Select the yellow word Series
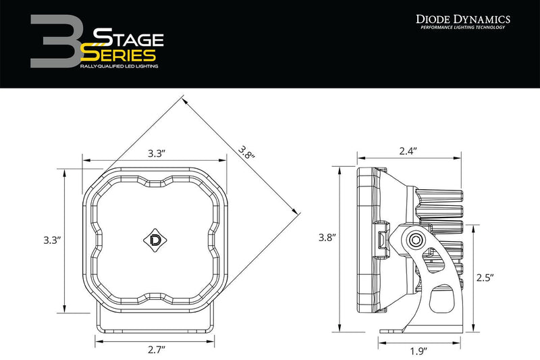[122, 55]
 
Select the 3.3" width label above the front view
[157, 153]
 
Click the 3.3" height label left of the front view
[51, 240]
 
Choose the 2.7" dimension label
[156, 349]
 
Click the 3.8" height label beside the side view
[327, 238]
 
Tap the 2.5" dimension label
[484, 277]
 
